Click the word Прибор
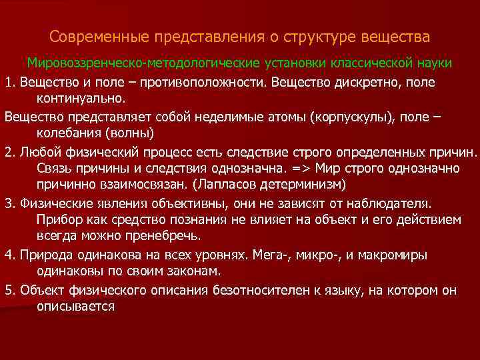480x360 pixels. (x=57, y=219)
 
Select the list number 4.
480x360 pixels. (x=9, y=255)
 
